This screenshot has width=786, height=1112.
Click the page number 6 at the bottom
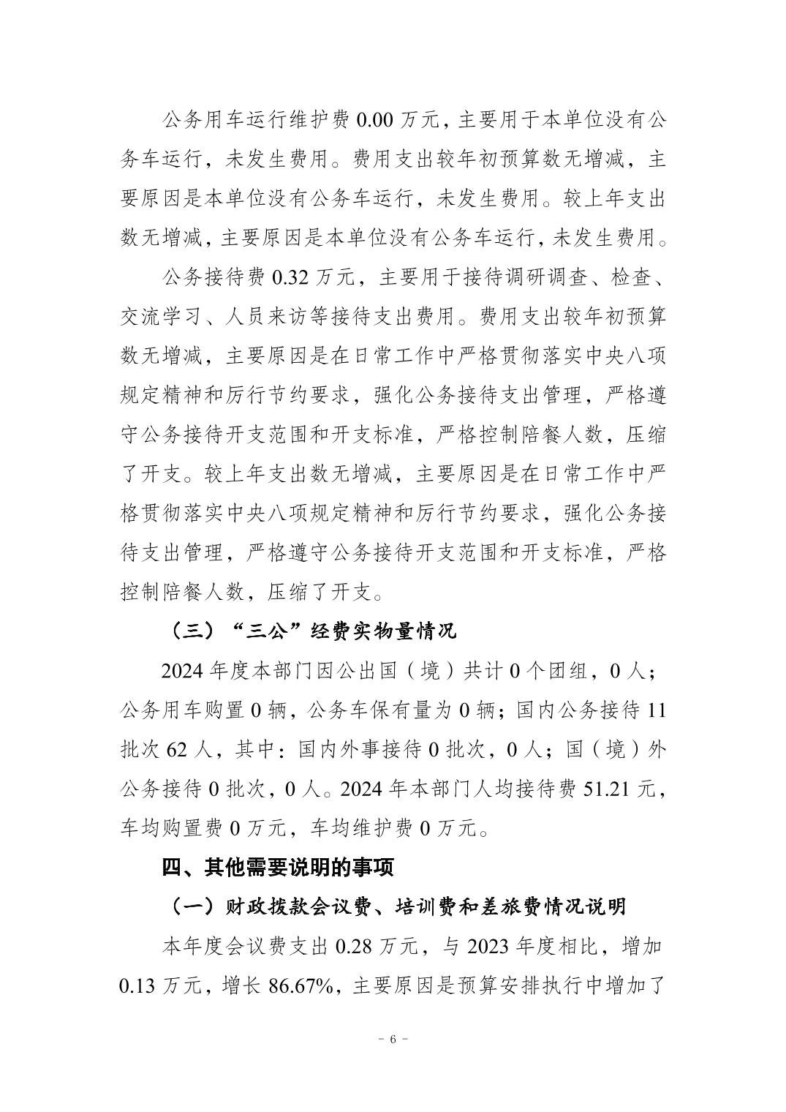(393, 1040)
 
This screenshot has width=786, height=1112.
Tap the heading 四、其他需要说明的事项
(278, 867)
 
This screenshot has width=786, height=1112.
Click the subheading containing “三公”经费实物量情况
(311, 631)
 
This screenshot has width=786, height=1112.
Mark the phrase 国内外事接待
(360, 749)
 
